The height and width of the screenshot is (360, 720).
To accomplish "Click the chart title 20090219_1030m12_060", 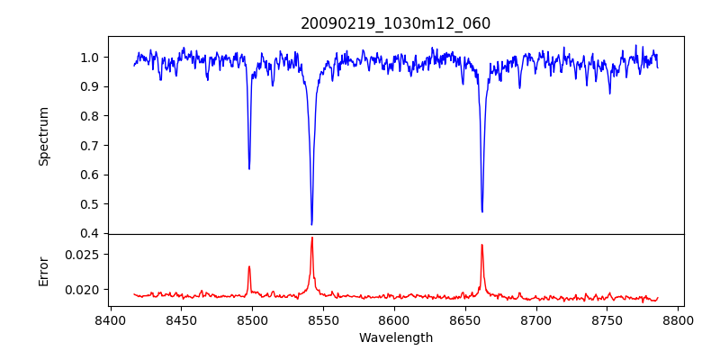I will coord(396,23).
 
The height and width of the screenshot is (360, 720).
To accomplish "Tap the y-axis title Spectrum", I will coord(44,136).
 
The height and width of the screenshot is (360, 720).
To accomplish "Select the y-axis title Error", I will coord(44,270).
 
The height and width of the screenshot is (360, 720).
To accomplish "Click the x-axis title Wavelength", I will coord(396,338).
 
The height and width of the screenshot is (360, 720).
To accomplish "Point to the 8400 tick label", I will coord(110,319).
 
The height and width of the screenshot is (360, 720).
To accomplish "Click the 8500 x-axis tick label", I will coord(252,319).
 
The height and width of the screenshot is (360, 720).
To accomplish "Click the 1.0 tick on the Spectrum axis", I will coord(91,58).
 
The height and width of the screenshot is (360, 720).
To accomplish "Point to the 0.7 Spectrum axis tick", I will coord(91,146).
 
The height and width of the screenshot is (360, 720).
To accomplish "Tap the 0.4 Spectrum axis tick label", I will coord(91,234).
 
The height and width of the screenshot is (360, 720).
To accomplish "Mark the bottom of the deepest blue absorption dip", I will coord(311,224).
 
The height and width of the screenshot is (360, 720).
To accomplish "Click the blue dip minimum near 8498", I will coord(249,168).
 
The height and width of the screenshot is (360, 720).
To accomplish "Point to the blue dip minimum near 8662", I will coord(482,211).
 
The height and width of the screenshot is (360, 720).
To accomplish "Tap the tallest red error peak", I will coord(311,238).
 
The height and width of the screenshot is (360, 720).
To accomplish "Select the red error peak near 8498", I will coord(249,266).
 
